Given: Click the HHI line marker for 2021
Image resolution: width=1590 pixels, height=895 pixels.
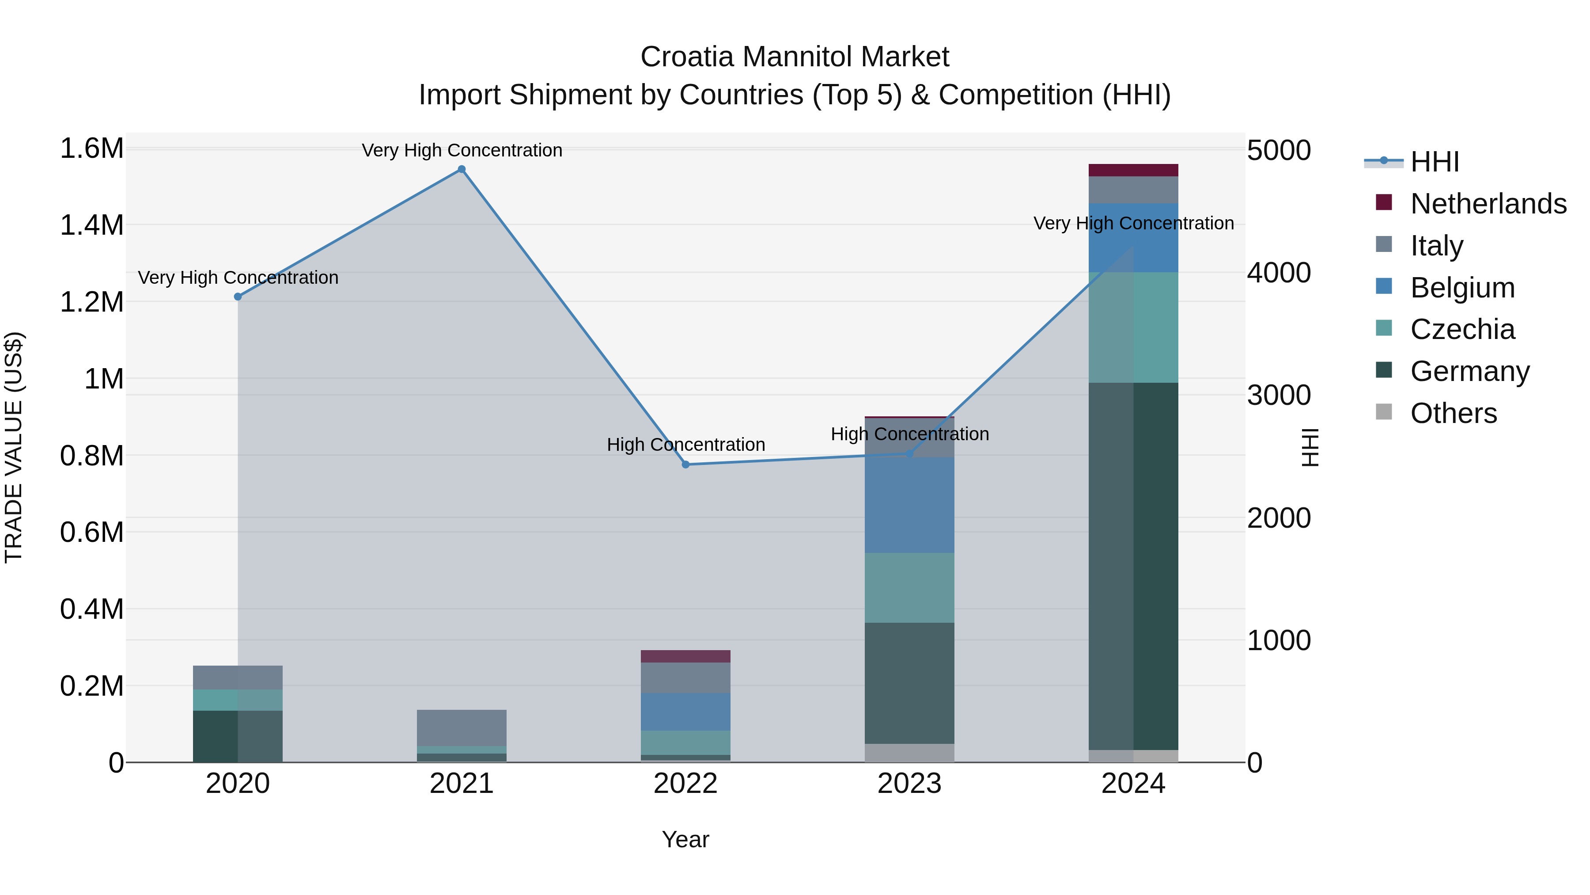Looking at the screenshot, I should click(x=461, y=169).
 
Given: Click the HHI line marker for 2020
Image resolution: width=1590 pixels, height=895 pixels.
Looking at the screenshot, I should click(x=238, y=297).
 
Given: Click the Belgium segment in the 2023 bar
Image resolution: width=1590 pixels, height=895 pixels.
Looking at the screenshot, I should click(x=909, y=505).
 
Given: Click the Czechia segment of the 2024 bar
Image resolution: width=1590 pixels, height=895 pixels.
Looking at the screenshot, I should click(x=1133, y=328).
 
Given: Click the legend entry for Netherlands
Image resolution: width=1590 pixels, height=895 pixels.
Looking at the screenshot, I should click(x=1488, y=204).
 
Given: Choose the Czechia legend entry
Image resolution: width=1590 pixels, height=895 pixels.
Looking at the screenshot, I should click(x=1461, y=329).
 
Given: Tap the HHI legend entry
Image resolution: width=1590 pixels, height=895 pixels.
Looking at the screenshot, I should click(x=1434, y=162).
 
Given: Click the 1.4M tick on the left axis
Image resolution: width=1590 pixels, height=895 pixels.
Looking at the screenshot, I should click(x=91, y=225).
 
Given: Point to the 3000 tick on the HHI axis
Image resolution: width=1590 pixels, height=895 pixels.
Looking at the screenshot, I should click(x=1278, y=395).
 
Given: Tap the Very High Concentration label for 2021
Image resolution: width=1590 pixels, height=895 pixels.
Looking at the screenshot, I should click(x=462, y=150).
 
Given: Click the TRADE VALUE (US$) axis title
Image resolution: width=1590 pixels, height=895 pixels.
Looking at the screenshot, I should click(x=14, y=447).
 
